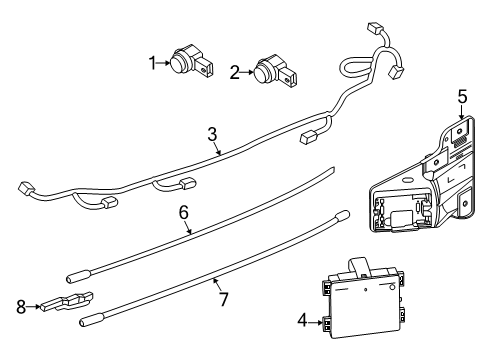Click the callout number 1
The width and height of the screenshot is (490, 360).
click(x=153, y=63)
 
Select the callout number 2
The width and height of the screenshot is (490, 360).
click(x=235, y=72)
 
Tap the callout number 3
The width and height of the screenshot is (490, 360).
click(x=212, y=134)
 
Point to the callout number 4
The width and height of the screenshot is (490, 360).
click(x=302, y=321)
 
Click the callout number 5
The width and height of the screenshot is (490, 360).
click(x=462, y=97)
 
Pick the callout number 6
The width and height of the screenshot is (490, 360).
click(x=184, y=212)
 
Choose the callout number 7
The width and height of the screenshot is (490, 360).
click(x=223, y=299)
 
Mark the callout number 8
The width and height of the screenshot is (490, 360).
click(x=21, y=307)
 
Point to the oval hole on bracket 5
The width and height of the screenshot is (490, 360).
click(x=407, y=180)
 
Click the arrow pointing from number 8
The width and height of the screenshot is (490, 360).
click(x=33, y=306)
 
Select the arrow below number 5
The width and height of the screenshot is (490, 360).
click(x=462, y=112)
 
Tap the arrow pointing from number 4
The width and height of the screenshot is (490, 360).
click(x=315, y=322)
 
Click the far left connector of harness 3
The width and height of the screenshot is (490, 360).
click(x=24, y=189)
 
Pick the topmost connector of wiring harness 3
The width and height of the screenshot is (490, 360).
click(x=373, y=28)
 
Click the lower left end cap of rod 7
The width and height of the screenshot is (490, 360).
click(x=89, y=321)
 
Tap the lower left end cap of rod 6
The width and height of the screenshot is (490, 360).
click(x=78, y=276)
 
